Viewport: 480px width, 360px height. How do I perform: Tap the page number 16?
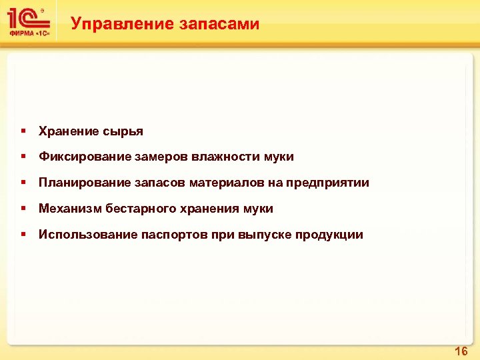[461, 351]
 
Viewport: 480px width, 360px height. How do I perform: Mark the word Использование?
[87, 235]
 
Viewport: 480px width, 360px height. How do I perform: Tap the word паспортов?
[173, 235]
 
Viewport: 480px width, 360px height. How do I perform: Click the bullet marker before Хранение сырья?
[23, 131]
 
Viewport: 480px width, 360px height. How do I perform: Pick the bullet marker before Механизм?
[23, 209]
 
